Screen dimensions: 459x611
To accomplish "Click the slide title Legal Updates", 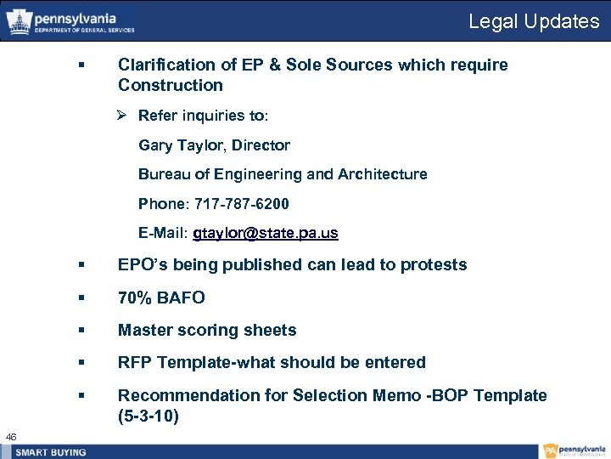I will pos(534,21).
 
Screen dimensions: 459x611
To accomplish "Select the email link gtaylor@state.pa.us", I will pos(265,233).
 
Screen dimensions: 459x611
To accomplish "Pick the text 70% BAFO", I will pos(161,297).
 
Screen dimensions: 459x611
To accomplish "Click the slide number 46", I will pos(11,436).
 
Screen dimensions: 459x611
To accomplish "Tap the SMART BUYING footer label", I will pos(51,452).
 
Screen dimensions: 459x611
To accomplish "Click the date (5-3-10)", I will pos(149,416).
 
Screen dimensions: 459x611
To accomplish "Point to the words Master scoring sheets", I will pos(207,330).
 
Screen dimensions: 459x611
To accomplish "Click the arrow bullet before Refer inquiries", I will pos(124,116).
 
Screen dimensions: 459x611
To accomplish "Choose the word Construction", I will pos(171,85).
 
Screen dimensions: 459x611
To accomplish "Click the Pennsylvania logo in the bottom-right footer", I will pos(574,451).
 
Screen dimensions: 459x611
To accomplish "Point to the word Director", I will pos(262,145).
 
